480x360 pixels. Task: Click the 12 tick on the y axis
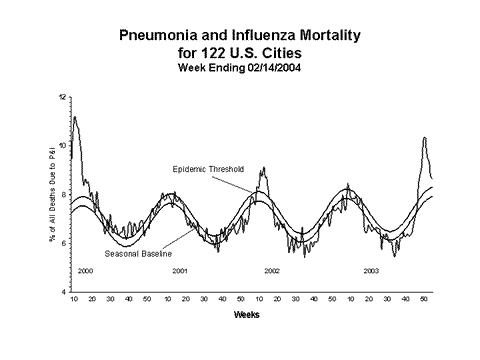coord(62,97)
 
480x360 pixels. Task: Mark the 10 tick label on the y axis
coord(62,146)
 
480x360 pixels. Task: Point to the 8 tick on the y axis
coord(64,194)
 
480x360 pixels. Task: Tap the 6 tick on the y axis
coord(64,243)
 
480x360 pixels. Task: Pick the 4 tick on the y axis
coord(64,291)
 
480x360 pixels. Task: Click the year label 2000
coord(85,271)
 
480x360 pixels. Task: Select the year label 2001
coord(180,271)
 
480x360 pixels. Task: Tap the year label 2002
coord(272,271)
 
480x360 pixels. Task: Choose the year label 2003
coord(370,271)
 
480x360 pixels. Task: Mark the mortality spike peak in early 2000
coord(75,117)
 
